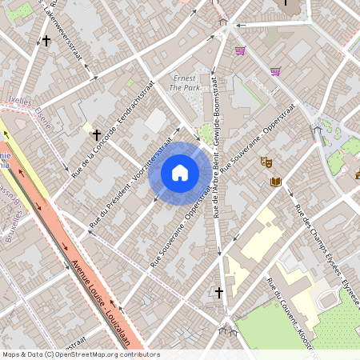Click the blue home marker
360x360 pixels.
(x=180, y=172)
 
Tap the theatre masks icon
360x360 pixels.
(x=266, y=162)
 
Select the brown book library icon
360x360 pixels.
(x=276, y=182)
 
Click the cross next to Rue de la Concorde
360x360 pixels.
(x=98, y=136)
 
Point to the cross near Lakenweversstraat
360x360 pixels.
(x=46, y=39)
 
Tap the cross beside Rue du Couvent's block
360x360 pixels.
(x=219, y=293)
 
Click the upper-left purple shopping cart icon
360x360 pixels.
(x=239, y=50)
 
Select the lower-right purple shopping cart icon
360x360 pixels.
(x=275, y=71)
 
